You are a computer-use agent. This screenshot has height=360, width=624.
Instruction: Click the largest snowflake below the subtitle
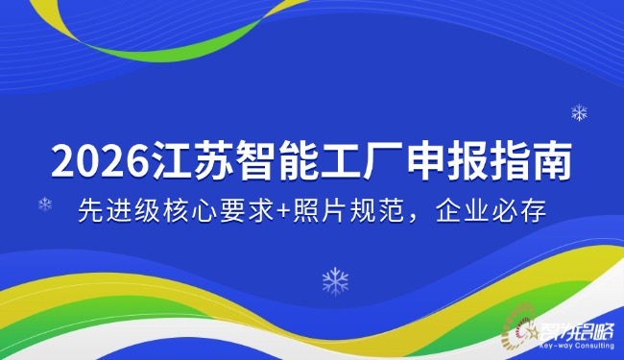(x=335, y=280)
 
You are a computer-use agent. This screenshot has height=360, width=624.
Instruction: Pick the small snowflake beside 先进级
(x=45, y=204)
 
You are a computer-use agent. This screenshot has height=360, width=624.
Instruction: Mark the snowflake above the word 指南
(x=579, y=113)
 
